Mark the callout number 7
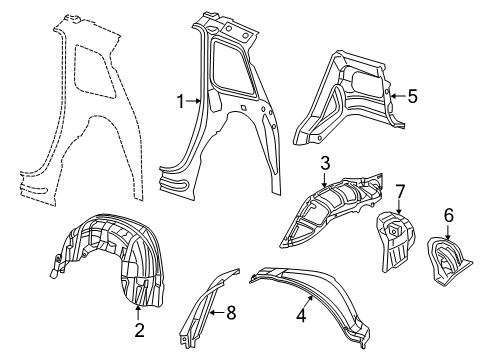tap(398, 190)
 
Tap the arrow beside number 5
tap(395, 96)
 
